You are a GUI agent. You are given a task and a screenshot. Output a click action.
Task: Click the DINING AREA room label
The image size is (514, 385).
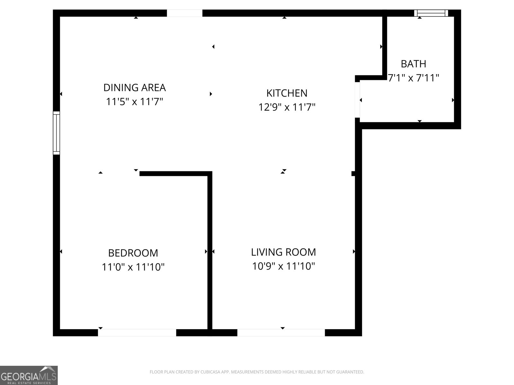click(134, 87)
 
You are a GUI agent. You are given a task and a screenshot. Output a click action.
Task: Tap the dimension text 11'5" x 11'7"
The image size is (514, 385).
click(134, 102)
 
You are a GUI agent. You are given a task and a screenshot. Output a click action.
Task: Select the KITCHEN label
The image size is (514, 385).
click(287, 93)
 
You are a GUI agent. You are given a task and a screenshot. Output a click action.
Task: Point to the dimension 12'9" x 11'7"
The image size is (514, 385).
click(287, 107)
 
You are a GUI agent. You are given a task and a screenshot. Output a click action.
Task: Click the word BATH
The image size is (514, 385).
click(413, 64)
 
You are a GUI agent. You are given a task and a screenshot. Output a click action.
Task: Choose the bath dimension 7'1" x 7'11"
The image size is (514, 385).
click(413, 78)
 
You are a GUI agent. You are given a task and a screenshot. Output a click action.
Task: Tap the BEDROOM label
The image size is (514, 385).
click(133, 253)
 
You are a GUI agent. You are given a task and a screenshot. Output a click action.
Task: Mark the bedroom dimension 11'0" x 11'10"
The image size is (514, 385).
click(133, 267)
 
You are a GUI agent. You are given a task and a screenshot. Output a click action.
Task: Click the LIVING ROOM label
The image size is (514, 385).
click(283, 252)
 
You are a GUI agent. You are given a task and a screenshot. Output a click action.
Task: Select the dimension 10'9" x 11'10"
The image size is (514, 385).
click(283, 266)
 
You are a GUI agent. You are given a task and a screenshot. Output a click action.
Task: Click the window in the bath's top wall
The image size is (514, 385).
click(431, 13)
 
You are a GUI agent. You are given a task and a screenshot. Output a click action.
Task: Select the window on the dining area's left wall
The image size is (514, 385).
click(56, 133)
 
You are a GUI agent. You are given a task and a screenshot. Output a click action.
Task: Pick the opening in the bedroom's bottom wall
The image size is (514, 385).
click(137, 332)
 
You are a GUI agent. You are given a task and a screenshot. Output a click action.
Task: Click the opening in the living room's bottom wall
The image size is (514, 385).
click(281, 332)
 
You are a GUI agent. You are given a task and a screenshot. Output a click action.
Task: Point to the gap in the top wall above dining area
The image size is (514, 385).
click(184, 13)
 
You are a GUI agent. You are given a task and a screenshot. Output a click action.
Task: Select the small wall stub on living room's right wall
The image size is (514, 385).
click(353, 174)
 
